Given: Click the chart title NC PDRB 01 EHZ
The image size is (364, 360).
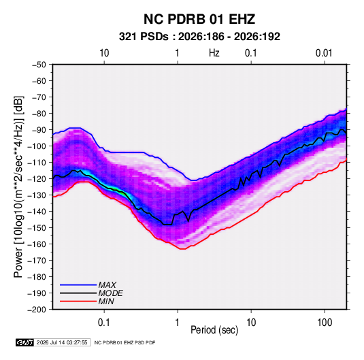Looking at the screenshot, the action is click(199, 19).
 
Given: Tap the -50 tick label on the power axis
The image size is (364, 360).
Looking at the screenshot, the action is click(39, 65).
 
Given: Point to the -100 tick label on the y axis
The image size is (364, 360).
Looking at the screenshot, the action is click(37, 146).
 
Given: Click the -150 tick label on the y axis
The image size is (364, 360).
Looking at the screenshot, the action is click(37, 228).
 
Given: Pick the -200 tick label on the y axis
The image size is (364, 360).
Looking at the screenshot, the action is click(37, 310).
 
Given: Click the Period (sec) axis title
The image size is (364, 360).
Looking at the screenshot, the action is click(214, 330).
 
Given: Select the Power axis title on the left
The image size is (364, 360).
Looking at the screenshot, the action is click(18, 186).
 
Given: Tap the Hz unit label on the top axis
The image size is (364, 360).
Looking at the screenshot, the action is click(214, 53).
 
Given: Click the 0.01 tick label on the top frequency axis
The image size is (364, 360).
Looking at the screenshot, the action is click(324, 53).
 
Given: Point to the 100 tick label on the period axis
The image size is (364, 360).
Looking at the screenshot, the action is click(325, 323).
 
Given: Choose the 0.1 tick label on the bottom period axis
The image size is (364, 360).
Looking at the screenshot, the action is click(104, 323).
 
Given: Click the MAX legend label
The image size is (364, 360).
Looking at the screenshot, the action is click(107, 284).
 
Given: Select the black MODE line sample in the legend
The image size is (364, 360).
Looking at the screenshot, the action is click(78, 293).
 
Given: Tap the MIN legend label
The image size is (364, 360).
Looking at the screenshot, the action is click(106, 301).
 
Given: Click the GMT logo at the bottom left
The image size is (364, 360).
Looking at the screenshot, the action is click(25, 342).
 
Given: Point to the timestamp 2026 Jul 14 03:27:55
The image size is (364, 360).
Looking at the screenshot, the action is click(62, 342).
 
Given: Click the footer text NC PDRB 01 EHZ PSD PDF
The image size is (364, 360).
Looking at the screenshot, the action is click(125, 342).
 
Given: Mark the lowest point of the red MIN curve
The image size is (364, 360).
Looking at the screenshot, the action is click(182, 249).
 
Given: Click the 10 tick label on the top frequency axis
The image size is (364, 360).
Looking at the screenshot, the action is click(104, 53).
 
